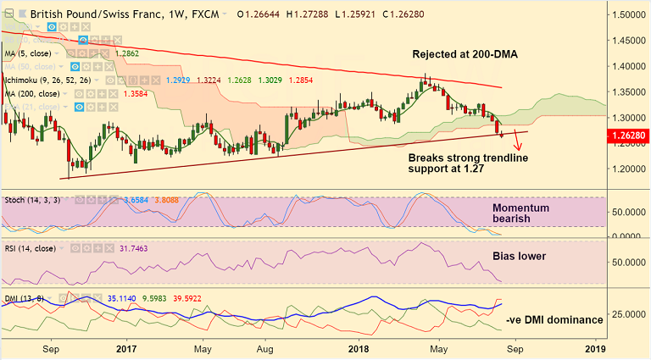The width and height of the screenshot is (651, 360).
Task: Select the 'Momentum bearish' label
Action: point(521,213)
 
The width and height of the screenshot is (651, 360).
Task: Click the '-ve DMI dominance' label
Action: point(554,319)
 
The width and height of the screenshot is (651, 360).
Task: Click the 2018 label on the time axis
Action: point(360,348)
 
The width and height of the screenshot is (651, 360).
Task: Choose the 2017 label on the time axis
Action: point(126,348)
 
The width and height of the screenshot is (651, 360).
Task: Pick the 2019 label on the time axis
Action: point(595,348)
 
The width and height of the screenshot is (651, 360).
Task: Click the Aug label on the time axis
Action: point(264,348)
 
